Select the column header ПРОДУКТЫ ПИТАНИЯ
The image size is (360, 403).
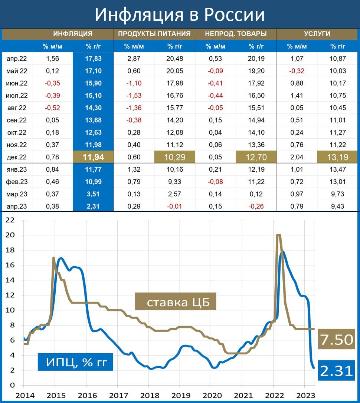[154, 34]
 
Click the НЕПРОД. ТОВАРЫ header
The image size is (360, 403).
[236, 34]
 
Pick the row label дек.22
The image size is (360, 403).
[17, 157]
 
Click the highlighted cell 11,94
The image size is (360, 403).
[93, 157]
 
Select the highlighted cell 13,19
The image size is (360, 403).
[338, 157]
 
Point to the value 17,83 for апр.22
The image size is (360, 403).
[93, 59]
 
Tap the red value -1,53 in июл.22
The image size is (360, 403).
[134, 96]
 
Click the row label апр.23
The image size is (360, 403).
[17, 207]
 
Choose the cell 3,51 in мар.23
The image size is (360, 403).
[93, 194]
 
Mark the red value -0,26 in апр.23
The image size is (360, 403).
[256, 207]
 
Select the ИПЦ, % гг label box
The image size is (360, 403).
[75, 362]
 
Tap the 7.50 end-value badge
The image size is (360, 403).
[337, 339]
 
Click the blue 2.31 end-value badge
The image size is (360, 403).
[337, 370]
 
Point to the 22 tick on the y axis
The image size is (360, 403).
[10, 220]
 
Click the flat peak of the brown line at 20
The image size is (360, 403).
[279, 235]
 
